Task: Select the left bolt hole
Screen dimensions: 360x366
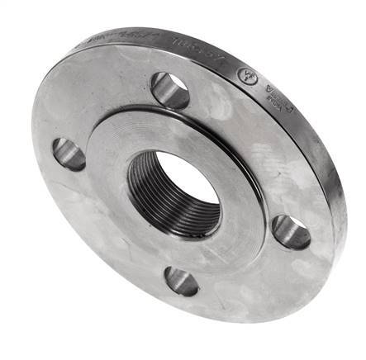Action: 69,154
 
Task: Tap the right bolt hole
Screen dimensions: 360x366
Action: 291,232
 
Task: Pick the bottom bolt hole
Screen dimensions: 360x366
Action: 181,282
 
